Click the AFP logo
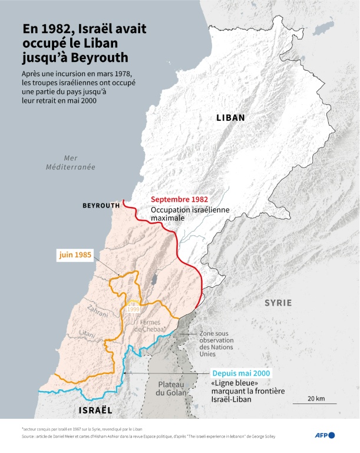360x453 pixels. (x=323, y=435)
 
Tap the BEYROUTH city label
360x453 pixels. (x=101, y=205)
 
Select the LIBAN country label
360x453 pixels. (x=230, y=117)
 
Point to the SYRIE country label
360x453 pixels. (x=278, y=303)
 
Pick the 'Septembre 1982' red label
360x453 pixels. (x=180, y=199)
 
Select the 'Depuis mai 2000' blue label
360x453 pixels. (x=241, y=373)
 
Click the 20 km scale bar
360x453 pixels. (x=316, y=404)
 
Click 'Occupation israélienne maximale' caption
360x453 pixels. (x=177, y=213)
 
